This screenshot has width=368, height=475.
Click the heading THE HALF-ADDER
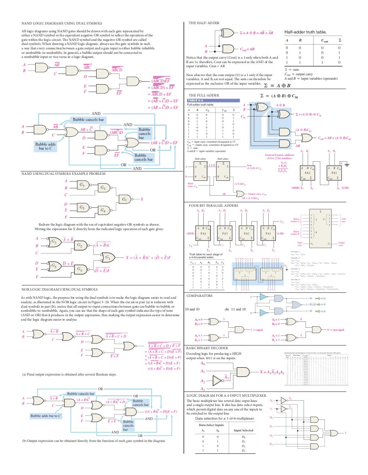pyautogui.click(x=204, y=23)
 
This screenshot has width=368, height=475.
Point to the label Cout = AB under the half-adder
pyautogui.click(x=247, y=49)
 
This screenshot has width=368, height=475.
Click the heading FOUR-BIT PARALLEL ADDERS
pyautogui.click(x=213, y=205)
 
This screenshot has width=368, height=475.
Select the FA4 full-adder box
pyautogui.click(x=203, y=234)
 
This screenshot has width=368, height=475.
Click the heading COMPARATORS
pyautogui.click(x=200, y=296)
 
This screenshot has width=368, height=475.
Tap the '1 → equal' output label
pyautogui.click(x=257, y=330)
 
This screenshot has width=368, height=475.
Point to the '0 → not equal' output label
pyautogui.click(x=335, y=330)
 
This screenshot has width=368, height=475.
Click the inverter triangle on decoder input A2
pyautogui.click(x=217, y=379)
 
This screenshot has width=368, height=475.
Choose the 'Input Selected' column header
pyautogui.click(x=243, y=430)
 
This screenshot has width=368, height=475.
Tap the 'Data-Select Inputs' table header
pyautogui.click(x=211, y=425)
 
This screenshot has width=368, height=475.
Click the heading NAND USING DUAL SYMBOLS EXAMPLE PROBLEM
pyautogui.click(x=64, y=174)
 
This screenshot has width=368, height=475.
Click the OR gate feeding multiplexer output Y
pyautogui.click(x=333, y=433)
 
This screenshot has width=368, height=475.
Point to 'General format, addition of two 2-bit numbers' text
pyautogui.click(x=278, y=156)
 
